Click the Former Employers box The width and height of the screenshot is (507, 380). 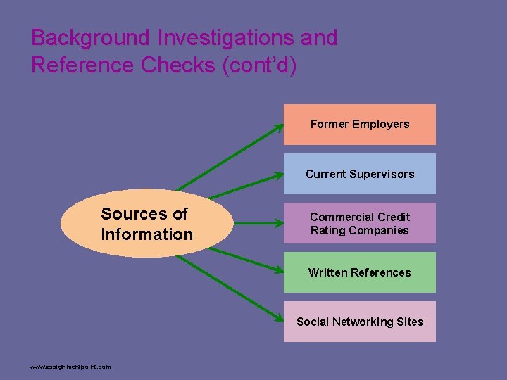tap(359, 125)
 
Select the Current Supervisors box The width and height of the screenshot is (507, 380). tap(359, 174)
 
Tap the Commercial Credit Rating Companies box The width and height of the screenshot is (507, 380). tap(359, 223)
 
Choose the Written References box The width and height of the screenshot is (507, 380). tap(359, 272)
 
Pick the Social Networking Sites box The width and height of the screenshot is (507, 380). tap(359, 322)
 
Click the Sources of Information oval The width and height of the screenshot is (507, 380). tap(146, 223)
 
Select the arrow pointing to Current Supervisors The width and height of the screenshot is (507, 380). tap(243, 186)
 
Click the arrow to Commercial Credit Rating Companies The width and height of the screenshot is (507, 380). tap(257, 224)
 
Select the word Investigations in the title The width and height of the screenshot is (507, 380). tap(217, 38)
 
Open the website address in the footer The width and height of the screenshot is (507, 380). tap(70, 367)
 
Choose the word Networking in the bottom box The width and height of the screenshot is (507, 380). tap(360, 322)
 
